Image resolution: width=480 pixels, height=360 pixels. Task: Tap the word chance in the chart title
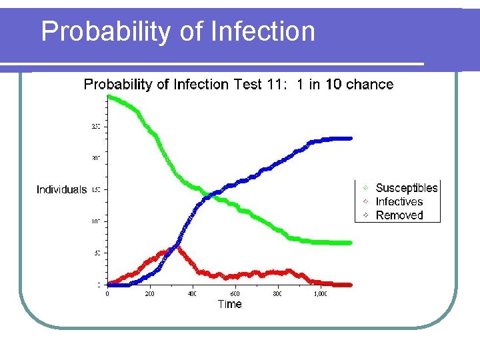coord(369,85)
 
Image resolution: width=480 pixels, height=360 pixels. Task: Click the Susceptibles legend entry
coord(406,188)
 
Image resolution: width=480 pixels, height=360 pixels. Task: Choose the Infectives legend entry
coord(399,201)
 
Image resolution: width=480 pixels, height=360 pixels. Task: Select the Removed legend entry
coord(399,215)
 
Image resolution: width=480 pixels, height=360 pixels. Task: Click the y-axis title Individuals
coord(61,190)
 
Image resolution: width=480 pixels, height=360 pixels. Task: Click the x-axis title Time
coord(229,304)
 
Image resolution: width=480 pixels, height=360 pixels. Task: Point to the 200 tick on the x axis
coord(150,293)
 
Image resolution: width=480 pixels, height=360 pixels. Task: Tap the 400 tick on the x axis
coord(192,293)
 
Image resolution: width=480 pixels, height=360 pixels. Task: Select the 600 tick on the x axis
coord(235,293)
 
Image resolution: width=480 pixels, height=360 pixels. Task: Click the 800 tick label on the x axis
coord(277,293)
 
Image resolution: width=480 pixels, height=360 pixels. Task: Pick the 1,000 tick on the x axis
coord(320,293)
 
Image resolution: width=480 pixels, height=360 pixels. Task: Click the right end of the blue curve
coord(351,139)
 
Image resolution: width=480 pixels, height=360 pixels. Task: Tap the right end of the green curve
coord(351,243)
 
